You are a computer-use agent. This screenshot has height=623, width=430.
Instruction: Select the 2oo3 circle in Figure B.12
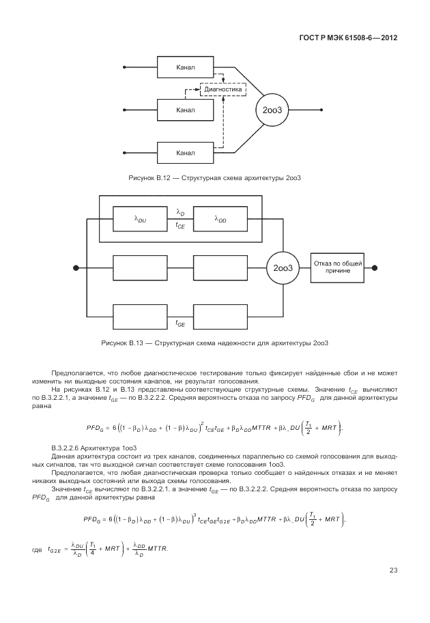pyautogui.click(x=271, y=109)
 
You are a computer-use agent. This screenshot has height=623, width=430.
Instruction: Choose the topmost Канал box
pyautogui.click(x=185, y=67)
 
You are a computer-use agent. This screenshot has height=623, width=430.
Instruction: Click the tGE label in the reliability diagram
pyautogui.click(x=181, y=323)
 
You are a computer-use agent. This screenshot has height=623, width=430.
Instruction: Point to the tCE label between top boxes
pyautogui.click(x=181, y=225)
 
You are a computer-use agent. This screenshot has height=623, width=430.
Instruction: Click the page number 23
pyautogui.click(x=393, y=570)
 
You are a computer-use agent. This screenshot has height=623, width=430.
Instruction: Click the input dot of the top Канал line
pyautogui.click(x=124, y=67)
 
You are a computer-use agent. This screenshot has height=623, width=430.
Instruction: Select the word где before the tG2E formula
pyautogui.click(x=36, y=549)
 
